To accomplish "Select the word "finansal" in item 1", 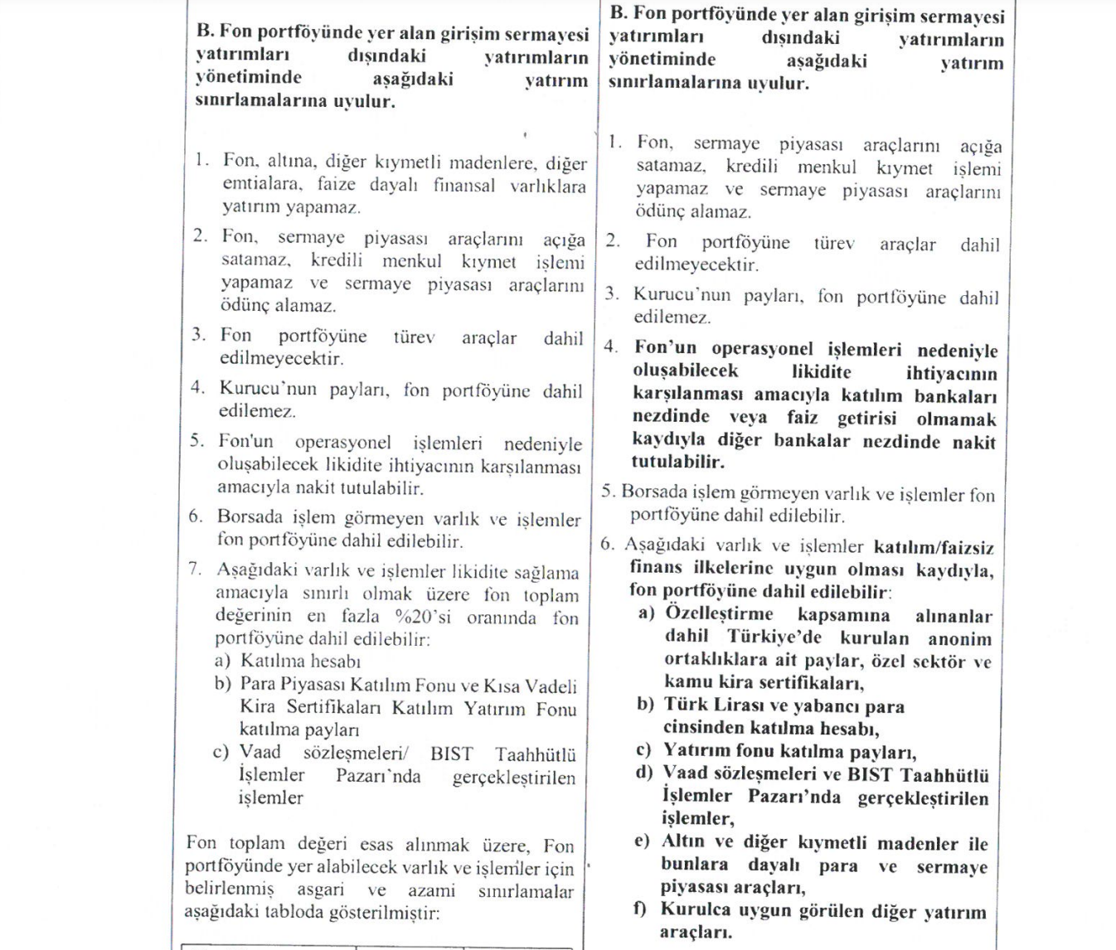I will [464, 185].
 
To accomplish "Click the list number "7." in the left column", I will [196, 570].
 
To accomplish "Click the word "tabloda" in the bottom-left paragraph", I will [299, 912].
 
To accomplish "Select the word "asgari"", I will [320, 889].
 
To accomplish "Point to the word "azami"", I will [431, 890].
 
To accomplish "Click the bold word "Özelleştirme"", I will [719, 614].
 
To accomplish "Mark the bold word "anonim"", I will [960, 639].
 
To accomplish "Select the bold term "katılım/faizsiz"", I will [934, 548].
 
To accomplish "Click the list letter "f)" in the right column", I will [641, 909].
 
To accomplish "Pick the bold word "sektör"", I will [935, 662].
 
